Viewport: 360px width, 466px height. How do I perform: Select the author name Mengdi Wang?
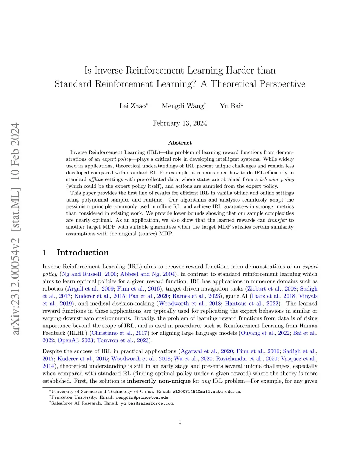[x=182, y=106]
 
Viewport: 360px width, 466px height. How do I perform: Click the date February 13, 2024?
[x=180, y=123]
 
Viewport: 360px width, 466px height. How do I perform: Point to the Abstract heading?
[x=180, y=143]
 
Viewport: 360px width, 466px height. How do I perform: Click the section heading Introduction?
[x=83, y=253]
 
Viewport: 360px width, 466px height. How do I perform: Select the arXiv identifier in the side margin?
[x=15, y=229]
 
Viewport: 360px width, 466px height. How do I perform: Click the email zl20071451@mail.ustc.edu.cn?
[x=207, y=391]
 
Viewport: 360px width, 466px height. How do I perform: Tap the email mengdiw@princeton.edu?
[x=142, y=397]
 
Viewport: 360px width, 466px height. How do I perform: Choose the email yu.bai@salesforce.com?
[x=147, y=403]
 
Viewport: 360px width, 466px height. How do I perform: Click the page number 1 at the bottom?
[x=180, y=422]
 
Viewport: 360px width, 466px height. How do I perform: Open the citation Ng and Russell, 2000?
[x=89, y=274]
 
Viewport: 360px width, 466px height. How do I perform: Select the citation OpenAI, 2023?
[x=75, y=340]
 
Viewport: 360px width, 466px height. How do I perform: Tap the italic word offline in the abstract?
[x=96, y=179]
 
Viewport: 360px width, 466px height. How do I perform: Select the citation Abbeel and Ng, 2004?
[x=148, y=274]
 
